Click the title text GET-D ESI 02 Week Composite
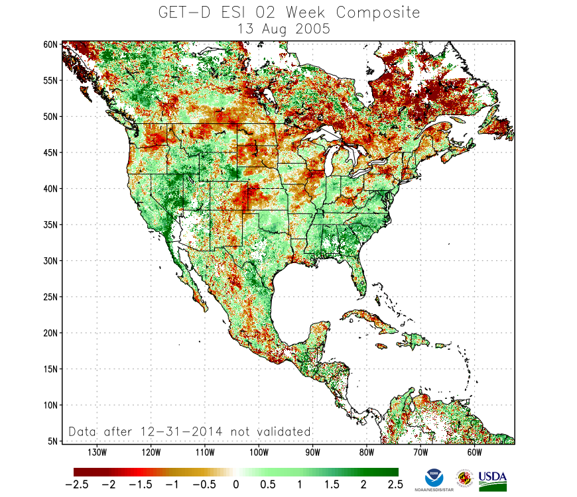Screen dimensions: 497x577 289,13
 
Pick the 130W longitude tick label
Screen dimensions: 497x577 97,453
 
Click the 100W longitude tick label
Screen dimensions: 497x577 259,453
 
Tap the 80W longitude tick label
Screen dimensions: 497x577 366,453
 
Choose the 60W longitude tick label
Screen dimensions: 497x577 474,453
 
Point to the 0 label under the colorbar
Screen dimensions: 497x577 235,485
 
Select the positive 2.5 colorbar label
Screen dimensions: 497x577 395,485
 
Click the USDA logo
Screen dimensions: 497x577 492,479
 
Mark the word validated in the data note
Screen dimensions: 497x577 283,431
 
